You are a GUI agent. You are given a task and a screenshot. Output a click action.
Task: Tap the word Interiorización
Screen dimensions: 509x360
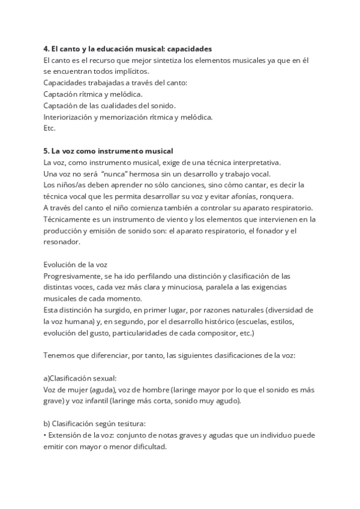coord(68,116)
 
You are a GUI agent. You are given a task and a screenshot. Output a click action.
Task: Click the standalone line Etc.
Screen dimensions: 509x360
coord(49,128)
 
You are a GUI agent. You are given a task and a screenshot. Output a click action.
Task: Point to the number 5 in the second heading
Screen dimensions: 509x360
coord(46,151)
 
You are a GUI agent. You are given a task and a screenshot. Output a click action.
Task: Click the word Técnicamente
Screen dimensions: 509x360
coord(68,219)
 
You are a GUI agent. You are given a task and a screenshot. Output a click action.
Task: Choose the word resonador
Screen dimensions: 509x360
coord(61,242)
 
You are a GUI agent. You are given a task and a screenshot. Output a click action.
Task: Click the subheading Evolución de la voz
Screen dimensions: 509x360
coord(76,265)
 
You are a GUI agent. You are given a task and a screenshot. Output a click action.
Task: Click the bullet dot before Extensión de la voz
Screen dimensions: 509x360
coord(45,435)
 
